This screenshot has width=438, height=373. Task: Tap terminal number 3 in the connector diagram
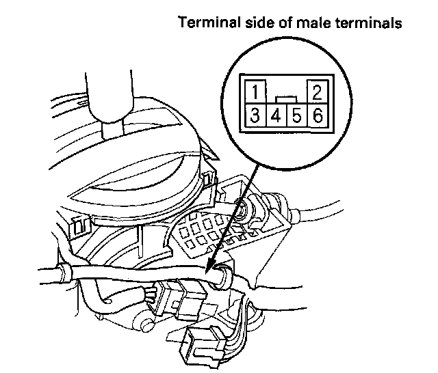pyautogui.click(x=255, y=115)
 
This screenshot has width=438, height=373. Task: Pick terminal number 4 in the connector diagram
pyautogui.click(x=276, y=115)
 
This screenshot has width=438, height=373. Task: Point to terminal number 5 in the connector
pyautogui.click(x=296, y=115)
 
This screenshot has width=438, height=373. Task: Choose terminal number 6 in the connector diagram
pyautogui.click(x=316, y=115)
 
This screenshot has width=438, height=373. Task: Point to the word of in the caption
pyautogui.click(x=288, y=23)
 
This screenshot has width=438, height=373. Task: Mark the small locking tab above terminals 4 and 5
pyautogui.click(x=285, y=100)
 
